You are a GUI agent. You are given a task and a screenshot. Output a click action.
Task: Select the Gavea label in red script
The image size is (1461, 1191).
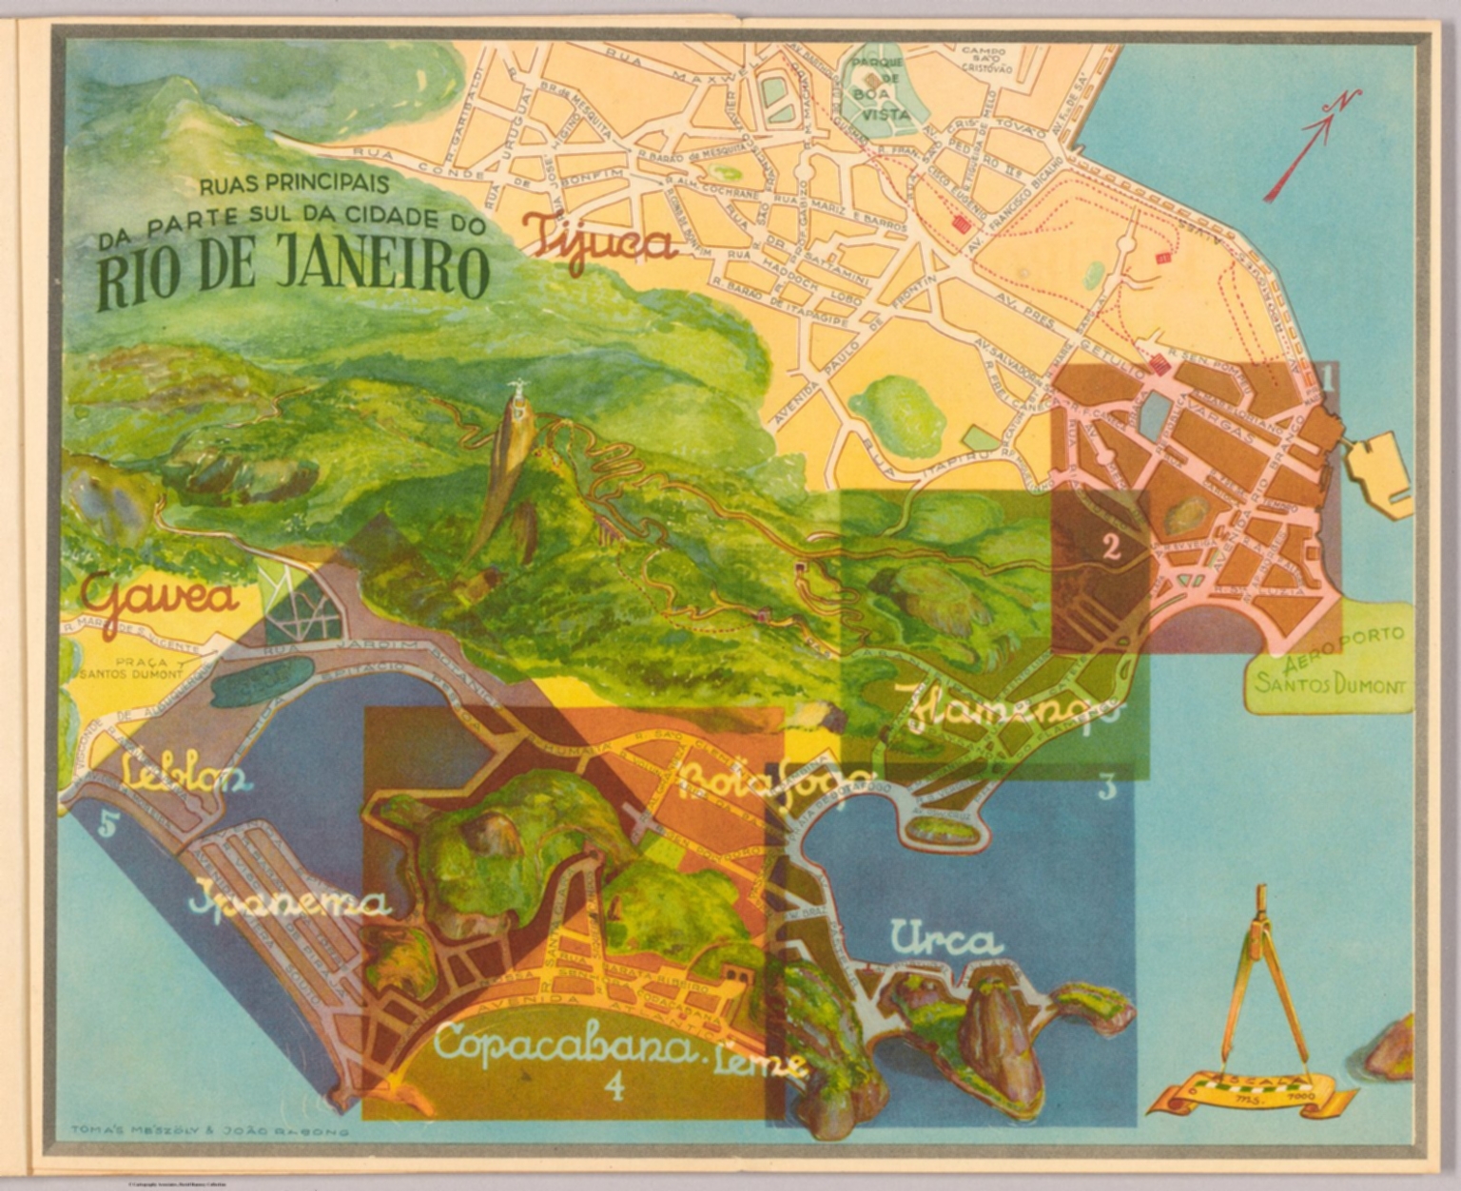click(x=159, y=598)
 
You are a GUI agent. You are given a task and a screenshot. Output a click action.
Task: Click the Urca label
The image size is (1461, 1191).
click(x=946, y=940)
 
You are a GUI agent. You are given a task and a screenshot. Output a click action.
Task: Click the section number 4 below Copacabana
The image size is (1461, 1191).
click(x=615, y=1086)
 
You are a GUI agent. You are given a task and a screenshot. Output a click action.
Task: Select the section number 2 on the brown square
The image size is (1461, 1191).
click(x=1109, y=547)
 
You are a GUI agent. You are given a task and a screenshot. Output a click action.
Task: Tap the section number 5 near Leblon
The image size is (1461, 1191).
click(x=107, y=825)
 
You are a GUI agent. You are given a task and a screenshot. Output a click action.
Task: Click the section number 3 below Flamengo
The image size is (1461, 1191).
click(x=1105, y=787)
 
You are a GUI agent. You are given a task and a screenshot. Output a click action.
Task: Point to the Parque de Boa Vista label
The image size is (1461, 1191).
click(x=875, y=88)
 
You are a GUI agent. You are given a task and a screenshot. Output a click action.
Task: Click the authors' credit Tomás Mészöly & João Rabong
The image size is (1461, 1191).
click(x=209, y=1132)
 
